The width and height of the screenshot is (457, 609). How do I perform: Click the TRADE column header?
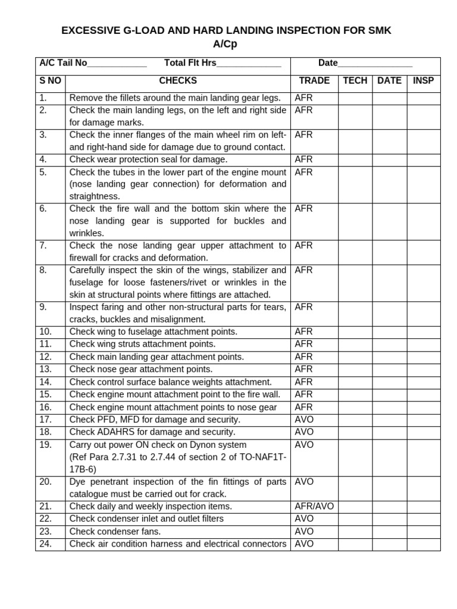(314, 81)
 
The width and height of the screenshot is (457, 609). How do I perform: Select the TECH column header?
(355, 81)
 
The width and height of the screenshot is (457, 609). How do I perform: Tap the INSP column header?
(423, 81)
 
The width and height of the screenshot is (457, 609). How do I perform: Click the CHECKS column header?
(177, 81)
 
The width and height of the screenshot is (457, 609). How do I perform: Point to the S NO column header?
(51, 81)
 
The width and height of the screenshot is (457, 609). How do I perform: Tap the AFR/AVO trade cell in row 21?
(314, 507)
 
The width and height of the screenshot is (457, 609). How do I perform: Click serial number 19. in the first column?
(46, 445)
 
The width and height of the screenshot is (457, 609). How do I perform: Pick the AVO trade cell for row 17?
(304, 420)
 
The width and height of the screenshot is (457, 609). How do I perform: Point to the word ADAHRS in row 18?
(113, 432)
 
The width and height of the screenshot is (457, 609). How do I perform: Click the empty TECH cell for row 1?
(355, 98)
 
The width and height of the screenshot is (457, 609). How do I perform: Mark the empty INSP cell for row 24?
(424, 544)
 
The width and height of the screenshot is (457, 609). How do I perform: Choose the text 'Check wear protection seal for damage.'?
(148, 160)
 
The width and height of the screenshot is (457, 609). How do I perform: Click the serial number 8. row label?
(43, 270)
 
